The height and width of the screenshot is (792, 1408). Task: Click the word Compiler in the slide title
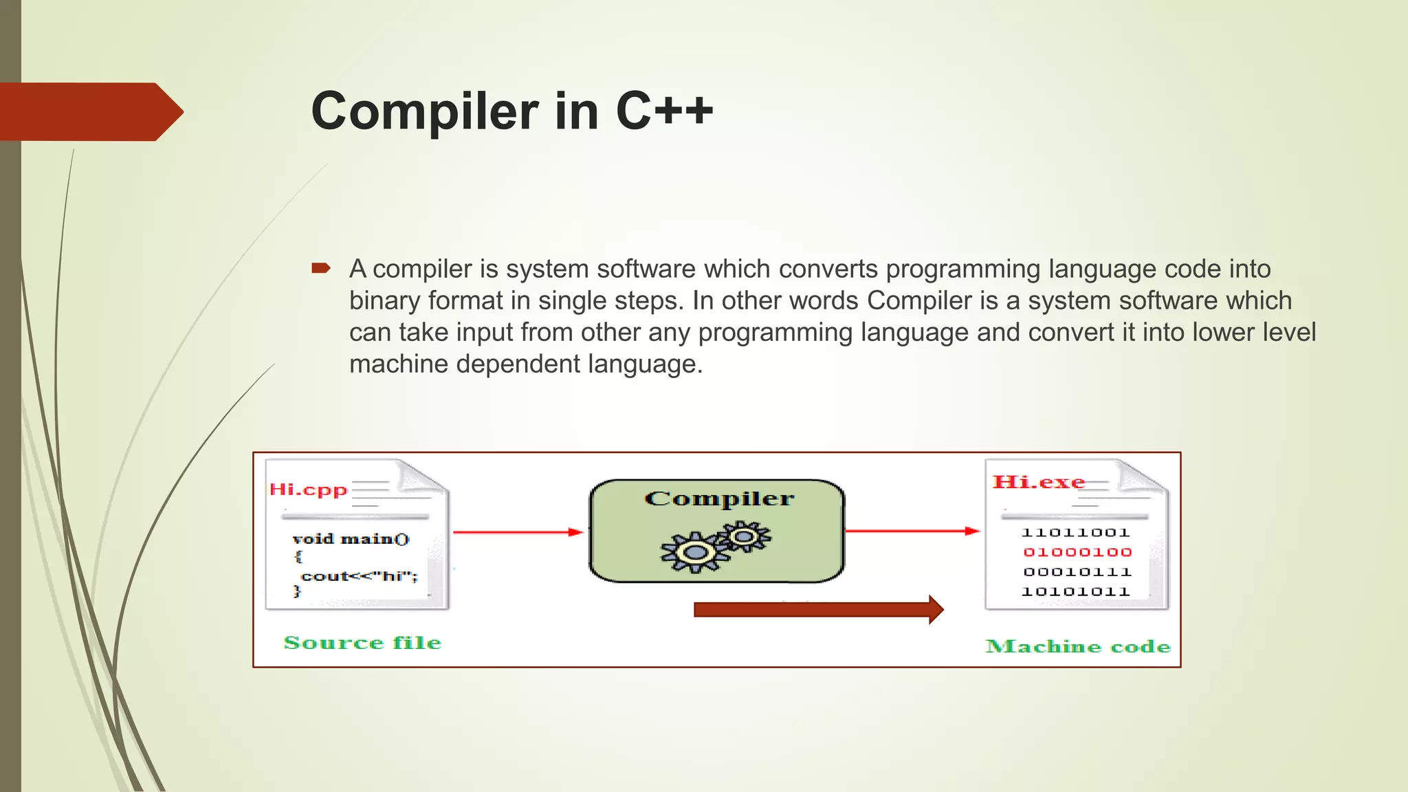point(424,111)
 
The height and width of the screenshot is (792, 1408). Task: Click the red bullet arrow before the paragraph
point(321,268)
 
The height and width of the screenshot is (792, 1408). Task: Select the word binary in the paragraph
point(384,300)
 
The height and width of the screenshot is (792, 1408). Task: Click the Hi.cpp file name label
point(308,489)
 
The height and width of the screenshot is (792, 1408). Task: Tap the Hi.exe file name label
point(1038,482)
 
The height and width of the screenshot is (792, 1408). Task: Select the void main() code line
point(351,539)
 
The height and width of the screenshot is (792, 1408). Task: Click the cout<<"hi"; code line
point(359,576)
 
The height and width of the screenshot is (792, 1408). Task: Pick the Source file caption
point(362,643)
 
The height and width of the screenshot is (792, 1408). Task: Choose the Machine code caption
point(1077,646)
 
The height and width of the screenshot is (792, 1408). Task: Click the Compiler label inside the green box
point(719,498)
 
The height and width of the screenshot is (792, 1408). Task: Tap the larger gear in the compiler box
point(694,552)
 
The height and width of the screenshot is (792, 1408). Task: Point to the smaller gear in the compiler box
point(744,536)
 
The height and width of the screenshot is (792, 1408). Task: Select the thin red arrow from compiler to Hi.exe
point(912,531)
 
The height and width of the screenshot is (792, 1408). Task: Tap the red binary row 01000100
point(1077,552)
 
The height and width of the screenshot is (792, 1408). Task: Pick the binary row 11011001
point(1076,533)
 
